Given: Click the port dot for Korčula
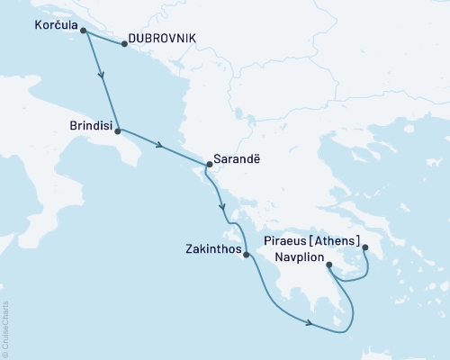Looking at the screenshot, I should (x=84, y=31).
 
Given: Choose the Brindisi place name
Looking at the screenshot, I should (x=89, y=128).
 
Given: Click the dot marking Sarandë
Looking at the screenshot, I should (x=209, y=165).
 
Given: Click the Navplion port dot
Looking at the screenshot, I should (x=328, y=265).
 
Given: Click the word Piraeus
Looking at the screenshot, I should (x=292, y=241).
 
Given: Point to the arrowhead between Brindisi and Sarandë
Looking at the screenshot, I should (x=158, y=146).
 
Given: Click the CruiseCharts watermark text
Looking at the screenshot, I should (x=5, y=329).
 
